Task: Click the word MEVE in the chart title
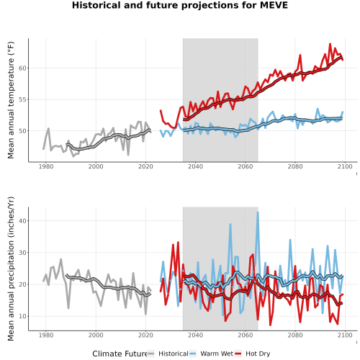274,5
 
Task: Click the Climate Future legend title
120,354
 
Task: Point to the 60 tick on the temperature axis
22,68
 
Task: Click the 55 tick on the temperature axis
22,99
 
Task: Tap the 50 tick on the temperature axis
22,131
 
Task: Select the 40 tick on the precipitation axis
22,221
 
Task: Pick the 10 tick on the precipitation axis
22,316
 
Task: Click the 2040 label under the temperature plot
195,166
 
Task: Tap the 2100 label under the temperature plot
345,166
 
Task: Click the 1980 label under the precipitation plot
46,335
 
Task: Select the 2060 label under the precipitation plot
245,335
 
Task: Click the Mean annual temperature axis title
11,100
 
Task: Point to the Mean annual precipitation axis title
11,269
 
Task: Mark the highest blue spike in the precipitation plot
258,212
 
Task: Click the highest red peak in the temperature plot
330,44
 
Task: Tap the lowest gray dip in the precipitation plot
145,314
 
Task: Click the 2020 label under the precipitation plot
145,335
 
